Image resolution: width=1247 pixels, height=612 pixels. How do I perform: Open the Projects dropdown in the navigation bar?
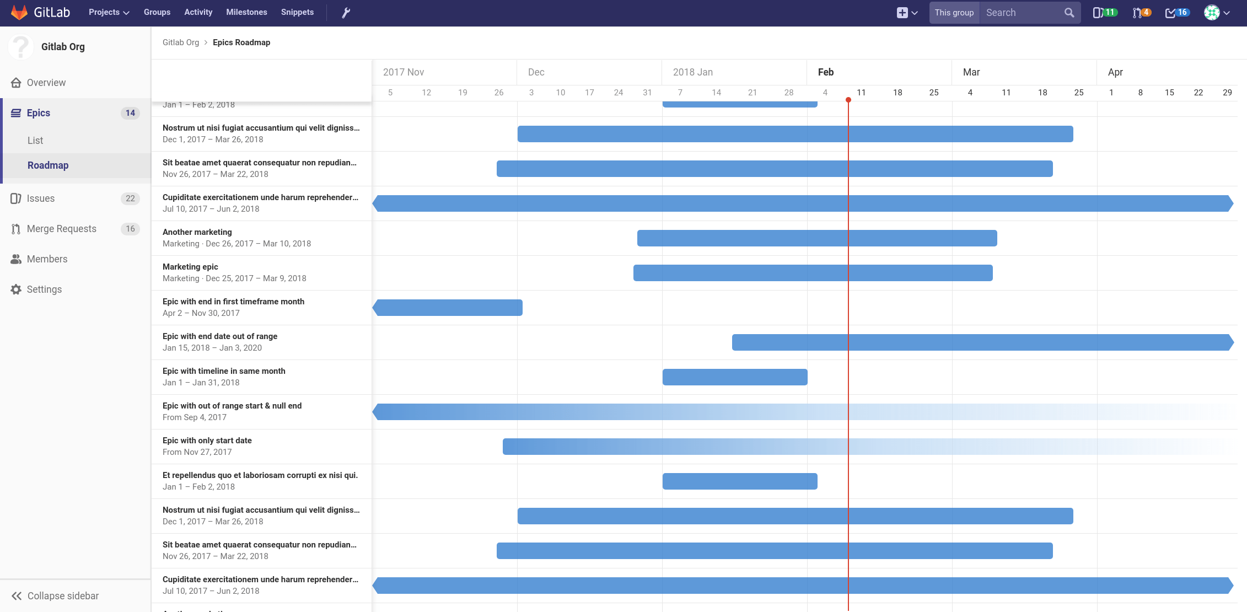pyautogui.click(x=109, y=12)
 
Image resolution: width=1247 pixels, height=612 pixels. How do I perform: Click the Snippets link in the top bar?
pyautogui.click(x=297, y=12)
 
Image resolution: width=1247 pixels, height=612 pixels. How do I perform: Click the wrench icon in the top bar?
pyautogui.click(x=346, y=13)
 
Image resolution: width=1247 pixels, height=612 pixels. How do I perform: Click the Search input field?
pyautogui.click(x=1023, y=13)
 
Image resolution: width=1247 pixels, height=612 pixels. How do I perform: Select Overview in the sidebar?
pyautogui.click(x=46, y=83)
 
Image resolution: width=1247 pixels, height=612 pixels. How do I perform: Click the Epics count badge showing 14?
pyautogui.click(x=130, y=113)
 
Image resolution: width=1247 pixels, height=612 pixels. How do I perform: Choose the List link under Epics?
pyautogui.click(x=35, y=141)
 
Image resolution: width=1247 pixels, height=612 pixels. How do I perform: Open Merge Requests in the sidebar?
pyautogui.click(x=61, y=229)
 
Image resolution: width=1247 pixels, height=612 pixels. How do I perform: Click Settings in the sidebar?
pyautogui.click(x=44, y=289)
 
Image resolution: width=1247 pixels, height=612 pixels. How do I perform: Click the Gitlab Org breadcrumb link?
pyautogui.click(x=181, y=42)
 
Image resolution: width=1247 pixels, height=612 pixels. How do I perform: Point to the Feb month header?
pyautogui.click(x=826, y=72)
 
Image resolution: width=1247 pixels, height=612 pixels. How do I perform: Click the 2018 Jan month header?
pyautogui.click(x=693, y=72)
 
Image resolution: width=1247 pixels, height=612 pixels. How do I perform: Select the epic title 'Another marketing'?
pyautogui.click(x=197, y=232)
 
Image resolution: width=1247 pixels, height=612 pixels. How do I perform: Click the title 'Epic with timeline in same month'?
pyautogui.click(x=224, y=371)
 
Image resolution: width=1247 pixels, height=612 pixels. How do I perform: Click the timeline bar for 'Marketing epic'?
pyautogui.click(x=813, y=273)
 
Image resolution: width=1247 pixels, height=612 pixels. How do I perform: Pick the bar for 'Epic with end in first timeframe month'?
pyautogui.click(x=448, y=308)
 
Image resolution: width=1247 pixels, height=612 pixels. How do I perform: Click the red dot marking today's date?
pyautogui.click(x=848, y=100)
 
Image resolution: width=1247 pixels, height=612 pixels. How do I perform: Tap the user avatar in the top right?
pyautogui.click(x=1211, y=13)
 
